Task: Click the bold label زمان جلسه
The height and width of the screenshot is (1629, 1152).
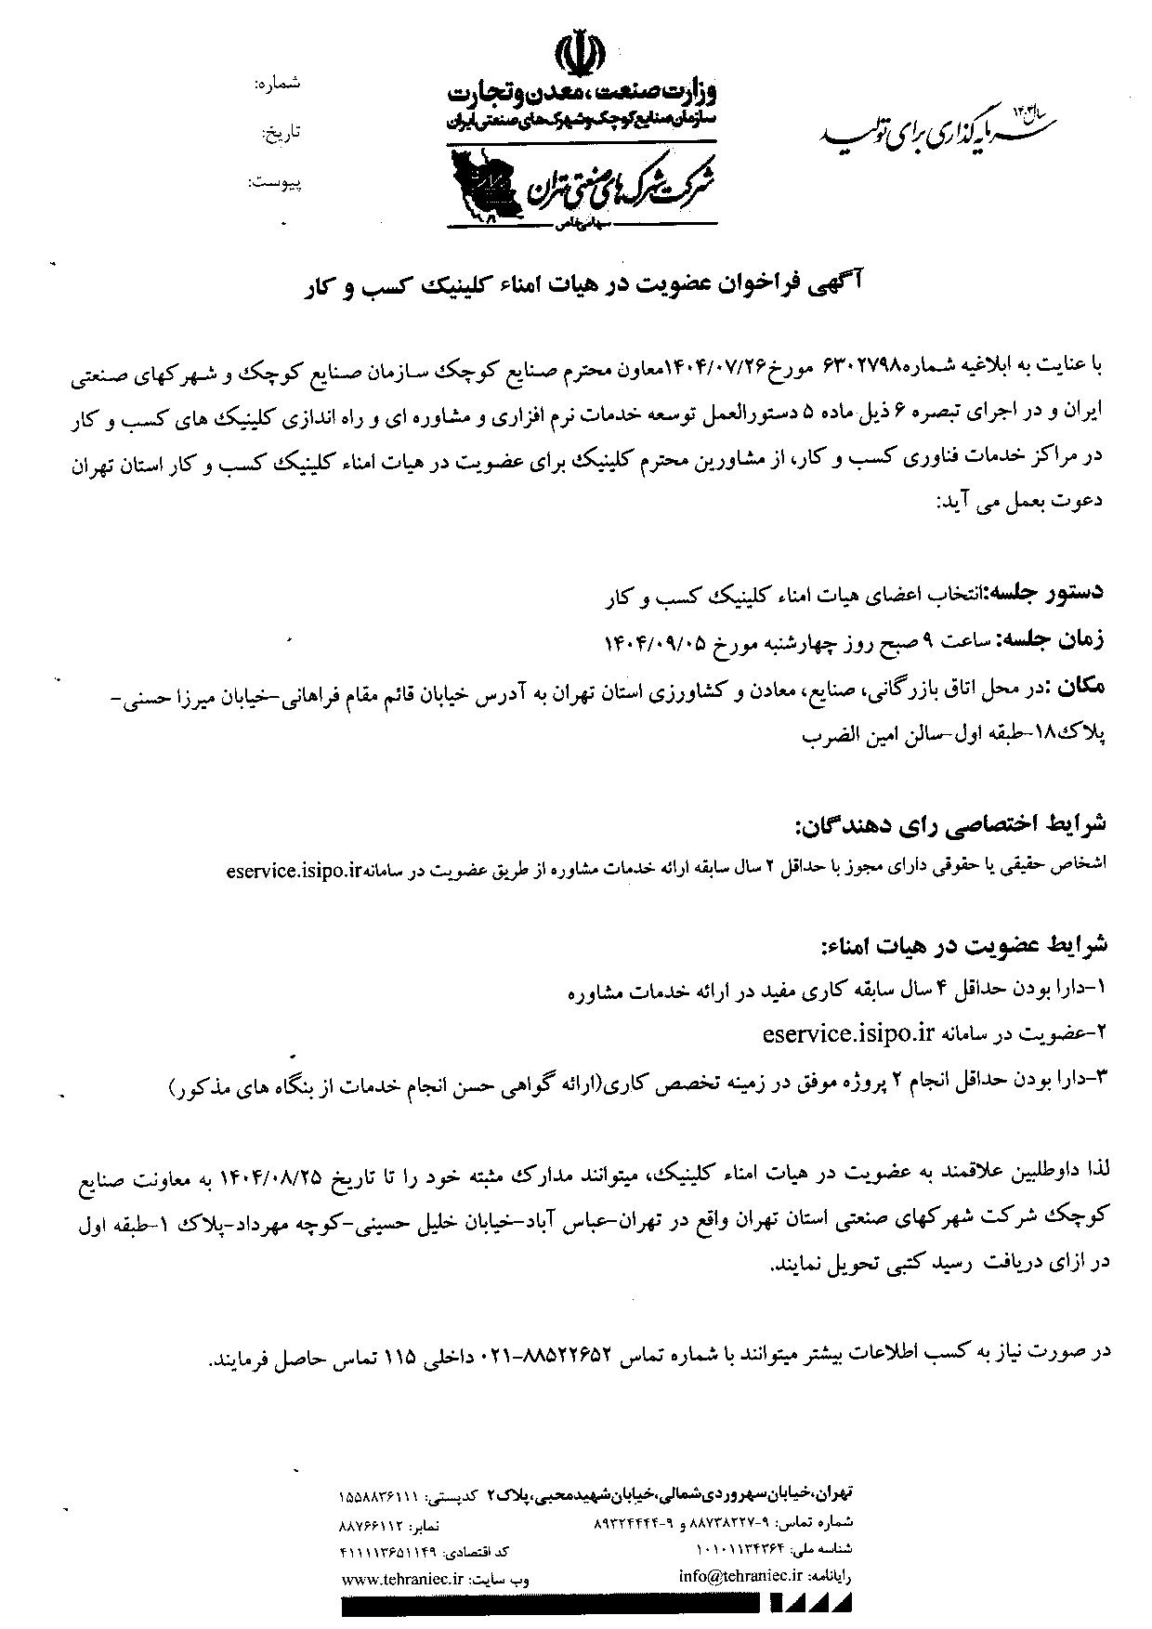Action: click(1054, 639)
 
